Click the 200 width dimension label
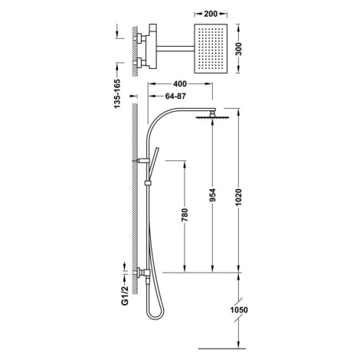211,14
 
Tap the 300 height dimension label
238,49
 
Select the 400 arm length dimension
180,83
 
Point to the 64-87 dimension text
175,97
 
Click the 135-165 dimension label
117,93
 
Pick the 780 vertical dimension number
185,215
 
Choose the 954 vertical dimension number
213,195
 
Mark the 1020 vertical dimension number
238,198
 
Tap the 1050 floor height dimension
239,310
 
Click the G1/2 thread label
125,296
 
